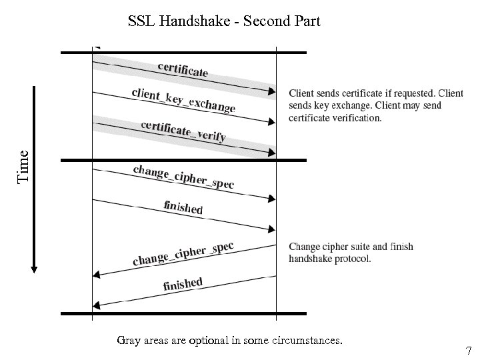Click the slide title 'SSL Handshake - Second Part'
[224, 21]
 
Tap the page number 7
[468, 350]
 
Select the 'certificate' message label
[183, 69]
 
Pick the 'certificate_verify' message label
[183, 131]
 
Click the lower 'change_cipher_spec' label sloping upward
[183, 253]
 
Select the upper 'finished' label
[183, 207]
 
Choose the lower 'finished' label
[183, 284]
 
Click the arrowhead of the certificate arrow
[271, 92]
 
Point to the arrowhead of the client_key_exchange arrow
[271, 122]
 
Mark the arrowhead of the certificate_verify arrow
[271, 153]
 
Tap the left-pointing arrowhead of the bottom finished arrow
[96, 305]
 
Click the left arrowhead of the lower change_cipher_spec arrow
[96, 274]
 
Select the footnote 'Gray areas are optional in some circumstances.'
[229, 341]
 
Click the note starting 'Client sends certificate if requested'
[375, 105]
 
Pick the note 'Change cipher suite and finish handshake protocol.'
[351, 253]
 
